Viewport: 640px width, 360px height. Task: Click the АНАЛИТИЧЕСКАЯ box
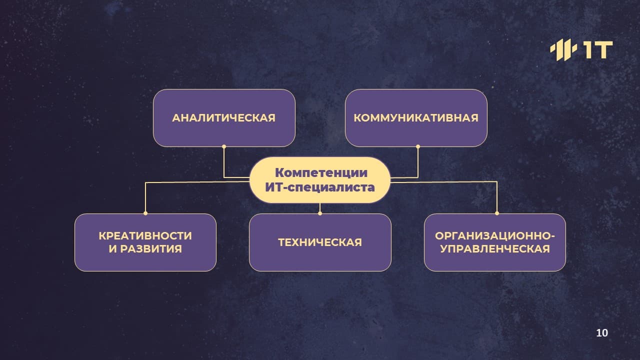[x=224, y=118]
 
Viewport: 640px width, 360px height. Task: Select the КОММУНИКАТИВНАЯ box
[x=416, y=118]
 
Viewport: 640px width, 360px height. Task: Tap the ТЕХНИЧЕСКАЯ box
[x=320, y=242]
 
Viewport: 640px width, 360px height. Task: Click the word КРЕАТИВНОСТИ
[x=145, y=236]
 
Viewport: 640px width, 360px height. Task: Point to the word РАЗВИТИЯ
[x=151, y=249]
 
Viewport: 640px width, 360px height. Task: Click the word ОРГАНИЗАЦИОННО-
[x=495, y=236]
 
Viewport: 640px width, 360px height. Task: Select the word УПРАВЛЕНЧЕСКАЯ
[x=495, y=249]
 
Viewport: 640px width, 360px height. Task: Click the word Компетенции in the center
[x=321, y=172]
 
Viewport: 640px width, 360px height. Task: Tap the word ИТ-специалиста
[x=320, y=187]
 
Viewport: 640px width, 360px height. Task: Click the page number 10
[x=602, y=333]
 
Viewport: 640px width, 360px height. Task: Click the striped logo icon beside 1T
[x=563, y=50]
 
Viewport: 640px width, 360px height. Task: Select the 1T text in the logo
[x=597, y=50]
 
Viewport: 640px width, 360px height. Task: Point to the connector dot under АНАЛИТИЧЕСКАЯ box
[x=224, y=146]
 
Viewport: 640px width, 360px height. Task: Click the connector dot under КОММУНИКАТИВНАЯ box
[x=418, y=146]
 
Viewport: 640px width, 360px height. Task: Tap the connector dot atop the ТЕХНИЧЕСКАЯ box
[x=320, y=213]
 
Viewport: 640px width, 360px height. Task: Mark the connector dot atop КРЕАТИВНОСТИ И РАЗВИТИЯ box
[x=145, y=213]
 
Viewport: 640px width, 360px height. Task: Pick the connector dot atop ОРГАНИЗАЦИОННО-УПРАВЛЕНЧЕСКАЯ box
[x=497, y=213]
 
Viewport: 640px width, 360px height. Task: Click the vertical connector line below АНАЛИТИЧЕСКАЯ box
[x=224, y=162]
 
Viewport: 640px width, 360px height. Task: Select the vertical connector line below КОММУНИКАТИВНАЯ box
[x=418, y=162]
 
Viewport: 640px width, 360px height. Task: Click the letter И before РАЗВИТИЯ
[x=113, y=249]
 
